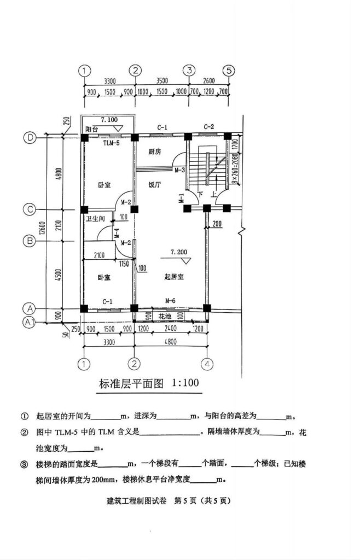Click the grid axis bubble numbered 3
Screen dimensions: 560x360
click(189, 70)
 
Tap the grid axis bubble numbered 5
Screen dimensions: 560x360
click(229, 70)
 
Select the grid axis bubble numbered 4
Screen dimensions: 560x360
click(207, 364)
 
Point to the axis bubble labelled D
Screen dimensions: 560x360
click(30, 138)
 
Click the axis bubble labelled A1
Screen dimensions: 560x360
click(30, 323)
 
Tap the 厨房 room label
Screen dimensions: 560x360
click(154, 151)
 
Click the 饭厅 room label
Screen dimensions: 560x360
click(154, 185)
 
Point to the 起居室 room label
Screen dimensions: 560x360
click(173, 277)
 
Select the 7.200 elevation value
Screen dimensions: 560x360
click(178, 253)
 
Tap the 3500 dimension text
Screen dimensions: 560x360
click(162, 80)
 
